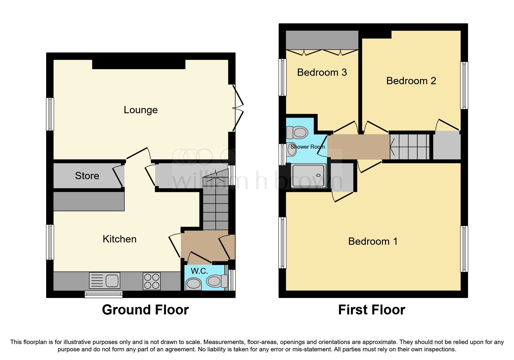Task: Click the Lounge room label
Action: [x=141, y=110]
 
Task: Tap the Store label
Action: [x=87, y=176]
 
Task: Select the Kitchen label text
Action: [x=119, y=239]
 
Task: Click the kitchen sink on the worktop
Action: [x=104, y=281]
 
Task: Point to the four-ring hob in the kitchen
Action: [x=152, y=281]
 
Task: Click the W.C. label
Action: [x=199, y=271]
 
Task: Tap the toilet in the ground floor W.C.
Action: [x=216, y=281]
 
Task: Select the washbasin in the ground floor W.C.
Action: [x=194, y=284]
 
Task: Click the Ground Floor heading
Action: [x=145, y=310]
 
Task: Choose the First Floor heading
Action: [x=371, y=310]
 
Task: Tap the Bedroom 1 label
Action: [x=373, y=241]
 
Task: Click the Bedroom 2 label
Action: [x=411, y=81]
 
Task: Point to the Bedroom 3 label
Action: [x=322, y=72]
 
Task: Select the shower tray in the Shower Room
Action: [x=309, y=176]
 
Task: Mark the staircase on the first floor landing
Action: [x=409, y=147]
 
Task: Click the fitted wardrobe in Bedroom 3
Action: [x=322, y=40]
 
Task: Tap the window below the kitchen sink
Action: [x=104, y=295]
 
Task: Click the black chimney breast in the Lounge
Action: [x=139, y=64]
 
